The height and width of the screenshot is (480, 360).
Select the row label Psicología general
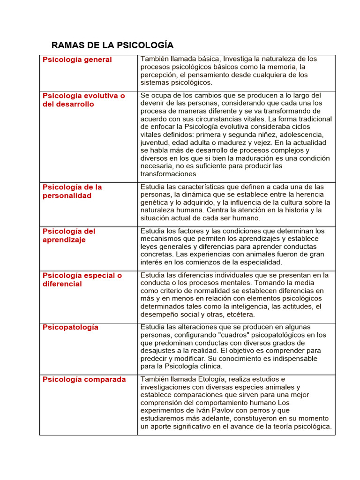pyautogui.click(x=77, y=60)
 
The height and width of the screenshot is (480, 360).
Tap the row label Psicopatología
pyautogui.click(x=70, y=327)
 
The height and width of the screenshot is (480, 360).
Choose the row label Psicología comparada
pyautogui.click(x=84, y=379)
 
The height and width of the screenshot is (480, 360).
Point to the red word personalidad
pyautogui.click(x=67, y=195)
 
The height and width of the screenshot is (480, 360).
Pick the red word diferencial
pyautogui.click(x=62, y=284)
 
